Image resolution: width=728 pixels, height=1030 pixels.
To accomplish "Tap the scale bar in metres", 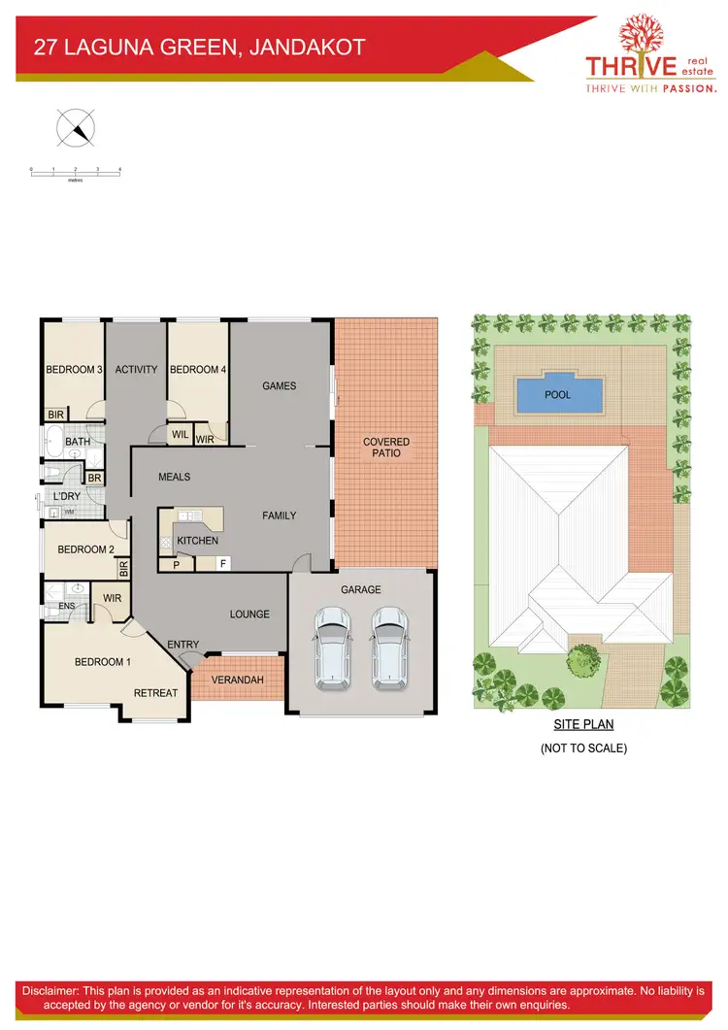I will click(x=75, y=172).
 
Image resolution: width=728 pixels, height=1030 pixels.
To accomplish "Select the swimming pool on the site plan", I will click(x=557, y=394).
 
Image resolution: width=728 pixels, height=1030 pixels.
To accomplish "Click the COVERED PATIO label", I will click(x=386, y=448).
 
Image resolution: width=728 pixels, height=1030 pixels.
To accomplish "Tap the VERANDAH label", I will click(x=238, y=680).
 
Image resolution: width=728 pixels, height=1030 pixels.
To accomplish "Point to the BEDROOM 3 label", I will click(x=75, y=370).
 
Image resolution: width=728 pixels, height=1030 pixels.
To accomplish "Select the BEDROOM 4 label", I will click(x=198, y=370).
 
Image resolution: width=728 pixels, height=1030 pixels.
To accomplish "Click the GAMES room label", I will click(x=280, y=386).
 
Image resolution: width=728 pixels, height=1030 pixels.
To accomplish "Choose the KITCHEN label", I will click(x=197, y=541).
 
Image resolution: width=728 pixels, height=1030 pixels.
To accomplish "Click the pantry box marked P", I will click(x=176, y=563).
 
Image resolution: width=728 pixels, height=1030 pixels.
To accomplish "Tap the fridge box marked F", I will click(x=222, y=563).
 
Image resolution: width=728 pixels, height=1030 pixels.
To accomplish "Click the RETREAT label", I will click(x=155, y=693).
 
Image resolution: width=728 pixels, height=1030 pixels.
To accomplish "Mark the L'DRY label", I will click(x=67, y=497).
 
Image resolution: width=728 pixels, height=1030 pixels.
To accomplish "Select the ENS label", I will click(x=66, y=607).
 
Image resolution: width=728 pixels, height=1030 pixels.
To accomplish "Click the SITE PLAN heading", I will click(x=583, y=724).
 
